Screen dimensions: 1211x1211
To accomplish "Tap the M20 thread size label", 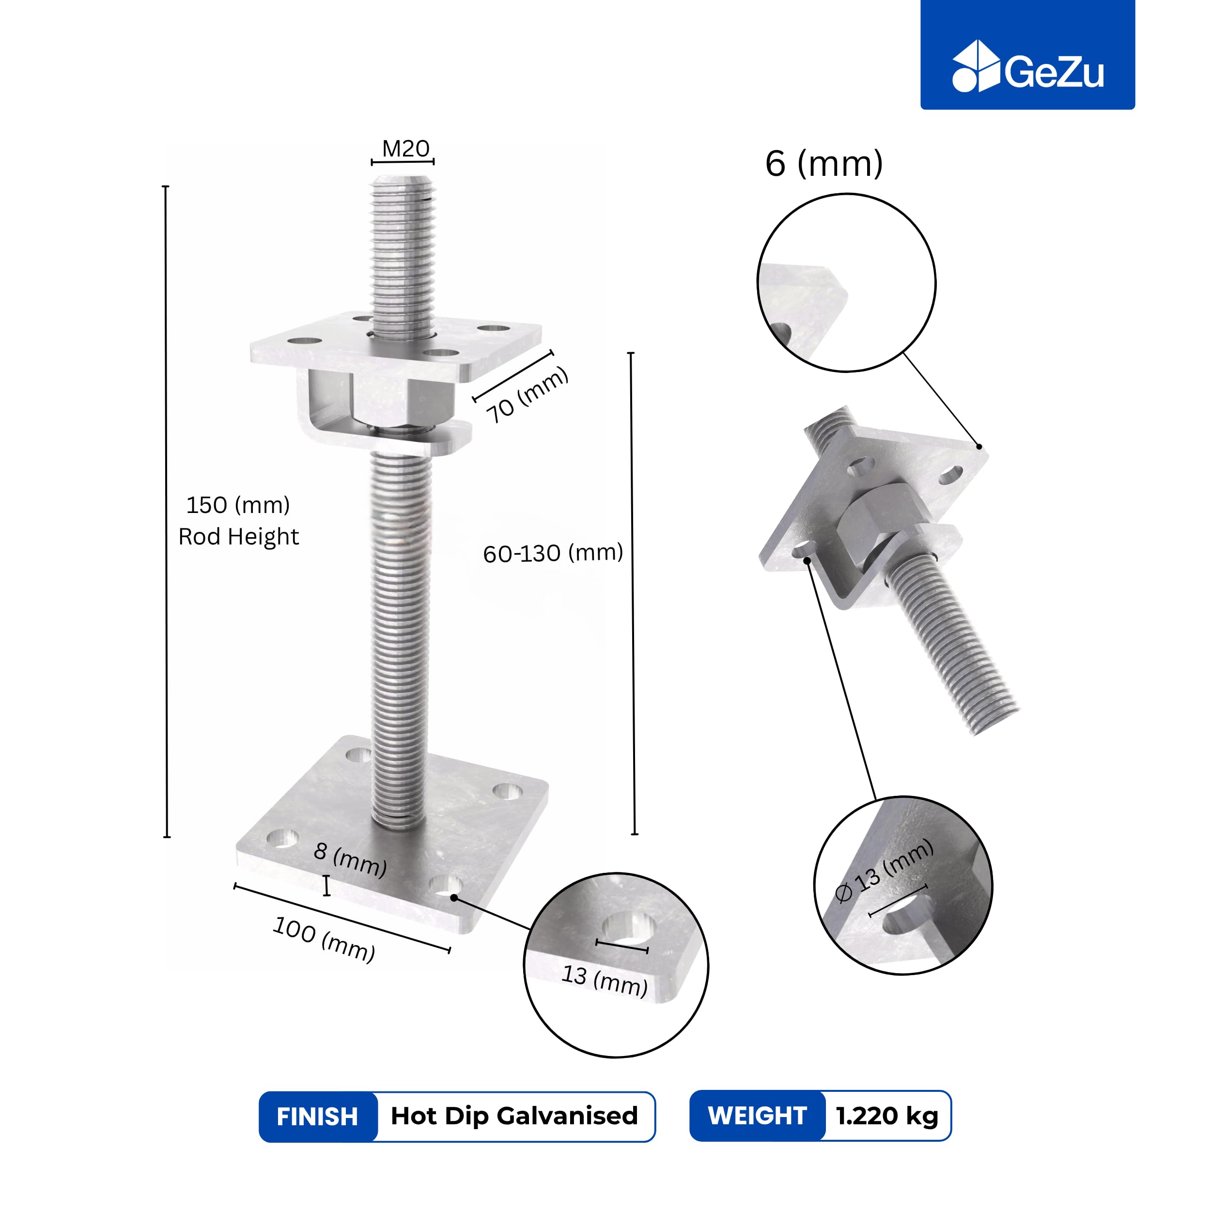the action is [405, 149].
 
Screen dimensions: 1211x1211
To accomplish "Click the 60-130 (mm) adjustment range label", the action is [553, 553].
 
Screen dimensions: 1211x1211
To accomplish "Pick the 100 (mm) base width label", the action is [324, 939].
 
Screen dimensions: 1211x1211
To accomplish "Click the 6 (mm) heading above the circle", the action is [823, 164].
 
